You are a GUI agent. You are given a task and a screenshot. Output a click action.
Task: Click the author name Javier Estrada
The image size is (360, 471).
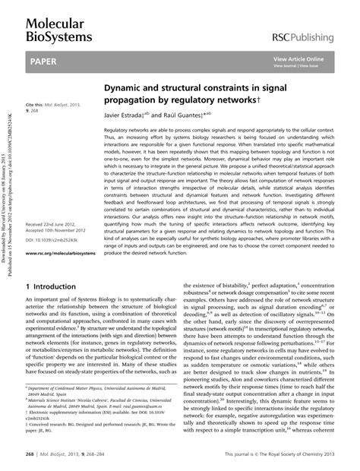127,115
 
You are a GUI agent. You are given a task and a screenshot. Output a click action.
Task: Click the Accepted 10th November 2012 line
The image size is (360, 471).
59,232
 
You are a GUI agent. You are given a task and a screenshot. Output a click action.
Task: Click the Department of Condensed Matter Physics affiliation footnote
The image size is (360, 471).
84,388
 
